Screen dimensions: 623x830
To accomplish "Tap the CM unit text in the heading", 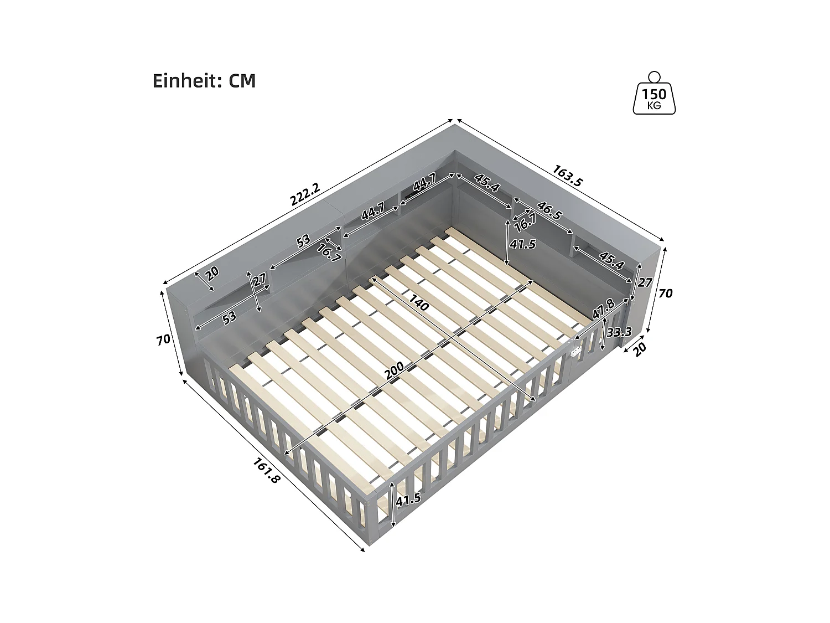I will (242, 81).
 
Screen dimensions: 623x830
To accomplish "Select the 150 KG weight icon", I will (654, 95).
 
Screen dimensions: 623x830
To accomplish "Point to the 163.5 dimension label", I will (567, 176).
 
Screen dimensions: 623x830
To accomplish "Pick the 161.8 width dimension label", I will (266, 470).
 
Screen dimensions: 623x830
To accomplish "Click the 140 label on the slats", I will (419, 302).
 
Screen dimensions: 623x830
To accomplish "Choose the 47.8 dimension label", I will (603, 309).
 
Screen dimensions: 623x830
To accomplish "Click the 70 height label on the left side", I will (163, 339).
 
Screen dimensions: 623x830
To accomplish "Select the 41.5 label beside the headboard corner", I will (523, 244).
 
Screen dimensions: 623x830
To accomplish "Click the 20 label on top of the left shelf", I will (212, 272).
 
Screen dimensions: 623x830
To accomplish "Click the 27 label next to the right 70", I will (645, 282).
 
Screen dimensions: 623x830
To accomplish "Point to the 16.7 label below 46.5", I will (525, 223).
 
